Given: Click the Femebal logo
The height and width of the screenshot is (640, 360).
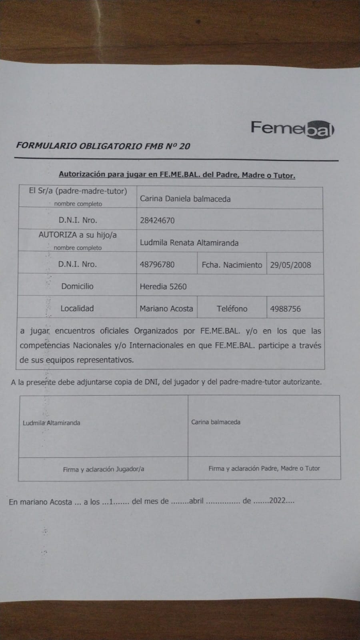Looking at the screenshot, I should coord(292,129).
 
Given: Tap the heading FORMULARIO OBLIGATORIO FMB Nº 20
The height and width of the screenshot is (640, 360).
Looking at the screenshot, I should coord(103,146).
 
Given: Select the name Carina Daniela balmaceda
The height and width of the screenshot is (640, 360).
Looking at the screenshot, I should coord(185,199).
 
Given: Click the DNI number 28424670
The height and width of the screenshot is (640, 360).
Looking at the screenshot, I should coord(157,220).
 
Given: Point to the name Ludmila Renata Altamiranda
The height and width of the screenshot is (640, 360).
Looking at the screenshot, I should coord(189,243).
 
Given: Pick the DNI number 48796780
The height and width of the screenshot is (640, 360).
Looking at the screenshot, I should coord(157,265).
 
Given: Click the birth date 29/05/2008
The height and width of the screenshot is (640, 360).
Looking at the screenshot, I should coord(290,265).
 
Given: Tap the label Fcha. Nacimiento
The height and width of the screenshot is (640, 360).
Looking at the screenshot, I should coord(232,265).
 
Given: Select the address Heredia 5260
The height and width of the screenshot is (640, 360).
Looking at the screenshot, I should coord(163,286).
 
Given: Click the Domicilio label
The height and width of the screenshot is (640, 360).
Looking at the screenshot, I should coord(77,286).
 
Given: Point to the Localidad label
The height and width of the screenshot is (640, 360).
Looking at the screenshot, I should coord(77,308).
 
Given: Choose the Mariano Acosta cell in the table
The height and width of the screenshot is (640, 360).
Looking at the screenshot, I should coord(166,309).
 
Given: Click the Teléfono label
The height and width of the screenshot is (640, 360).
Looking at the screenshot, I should coord(232,309).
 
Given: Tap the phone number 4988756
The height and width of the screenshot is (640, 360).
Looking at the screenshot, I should coord(285,309).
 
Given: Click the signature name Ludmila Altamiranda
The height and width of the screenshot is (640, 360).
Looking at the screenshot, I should coord(51,423).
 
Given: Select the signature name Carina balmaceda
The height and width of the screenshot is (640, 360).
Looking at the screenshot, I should coord(216,422).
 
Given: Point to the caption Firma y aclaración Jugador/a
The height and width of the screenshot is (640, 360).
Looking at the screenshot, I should coord(103,469).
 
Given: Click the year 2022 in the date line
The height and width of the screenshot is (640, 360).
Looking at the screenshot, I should coord(277,501).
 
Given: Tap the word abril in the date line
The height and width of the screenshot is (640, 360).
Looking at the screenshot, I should coord(196,501).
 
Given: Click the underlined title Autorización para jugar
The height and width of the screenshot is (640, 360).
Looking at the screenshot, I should coord(177,175).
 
